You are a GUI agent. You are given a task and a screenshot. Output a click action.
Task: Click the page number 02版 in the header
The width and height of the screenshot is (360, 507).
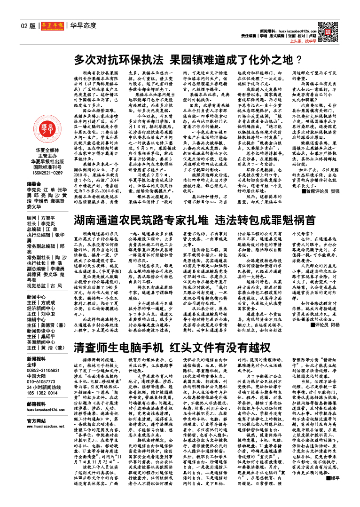(x=28, y=25)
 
